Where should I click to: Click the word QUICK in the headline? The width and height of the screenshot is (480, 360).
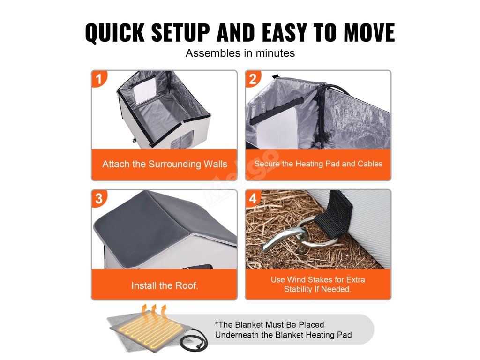[x=115, y=32]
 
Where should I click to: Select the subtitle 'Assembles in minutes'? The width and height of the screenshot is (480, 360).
[x=240, y=53]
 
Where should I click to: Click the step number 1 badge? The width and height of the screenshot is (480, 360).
[x=99, y=79]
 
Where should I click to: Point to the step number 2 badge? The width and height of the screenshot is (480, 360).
[x=253, y=79]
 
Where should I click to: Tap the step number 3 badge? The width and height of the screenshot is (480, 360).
[x=99, y=198]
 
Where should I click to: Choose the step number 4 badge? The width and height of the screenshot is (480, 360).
[x=253, y=198]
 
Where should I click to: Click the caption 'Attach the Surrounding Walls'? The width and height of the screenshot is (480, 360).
[x=165, y=164]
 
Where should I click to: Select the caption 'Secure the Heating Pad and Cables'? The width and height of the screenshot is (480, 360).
[x=318, y=164]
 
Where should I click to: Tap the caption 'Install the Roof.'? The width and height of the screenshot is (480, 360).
[x=165, y=285]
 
